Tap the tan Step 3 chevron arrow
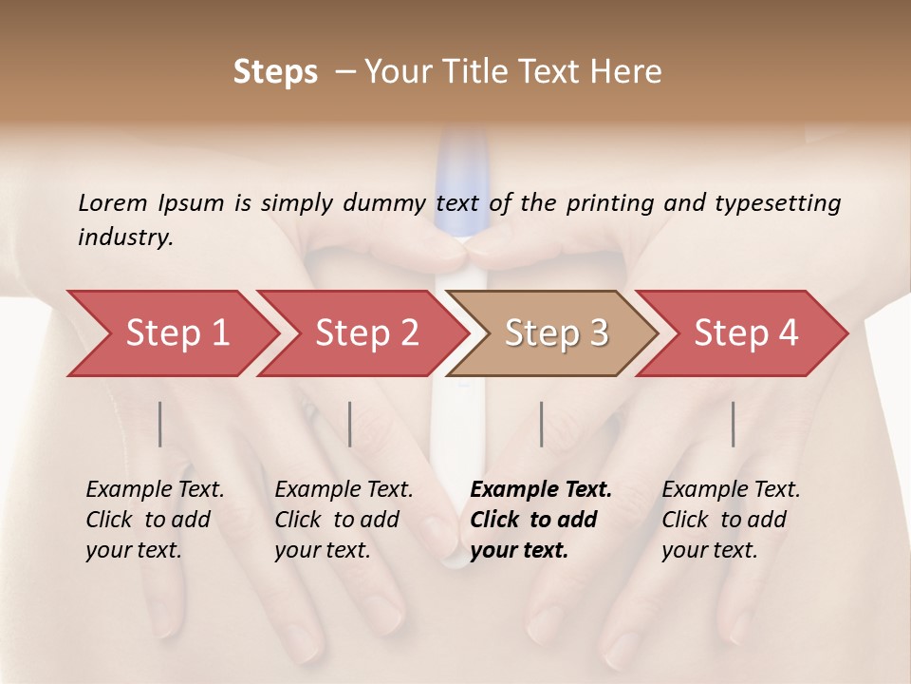click(x=556, y=333)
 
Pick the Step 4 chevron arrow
click(x=746, y=333)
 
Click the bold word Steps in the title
click(x=275, y=71)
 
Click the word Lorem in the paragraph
click(x=113, y=202)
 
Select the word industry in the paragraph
click(x=125, y=237)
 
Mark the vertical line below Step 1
click(x=160, y=424)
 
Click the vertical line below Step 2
click(x=350, y=424)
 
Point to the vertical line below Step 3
click(x=541, y=424)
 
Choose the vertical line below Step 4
click(x=733, y=424)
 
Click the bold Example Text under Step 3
click(x=541, y=490)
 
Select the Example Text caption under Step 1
click(x=155, y=490)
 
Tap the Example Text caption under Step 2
click(x=344, y=490)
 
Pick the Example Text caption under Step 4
click(x=731, y=490)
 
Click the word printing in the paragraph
click(x=605, y=202)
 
